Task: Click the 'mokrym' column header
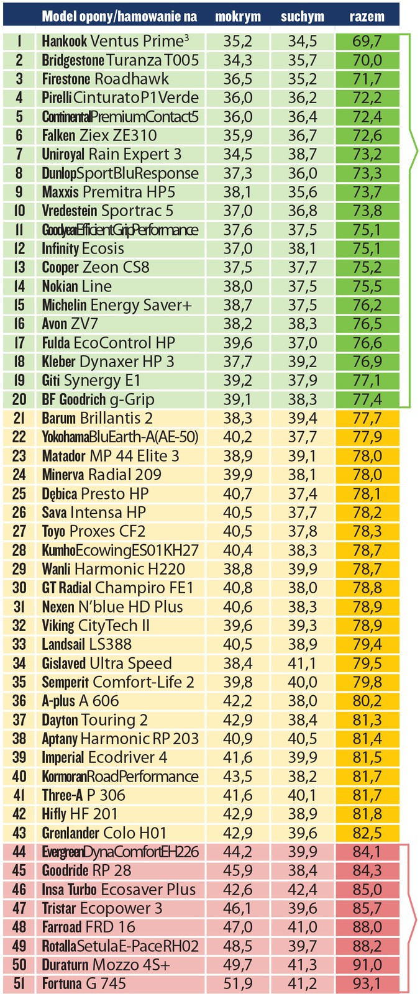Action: click(x=238, y=17)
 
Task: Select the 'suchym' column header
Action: click(x=302, y=17)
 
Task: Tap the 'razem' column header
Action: click(x=367, y=17)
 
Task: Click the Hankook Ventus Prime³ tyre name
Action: click(x=116, y=42)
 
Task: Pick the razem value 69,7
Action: click(x=367, y=42)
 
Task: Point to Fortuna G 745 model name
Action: click(x=84, y=983)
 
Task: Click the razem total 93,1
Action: click(x=367, y=983)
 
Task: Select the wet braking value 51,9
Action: click(x=238, y=983)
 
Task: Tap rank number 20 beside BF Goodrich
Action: click(x=19, y=399)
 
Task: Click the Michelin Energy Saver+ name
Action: click(x=117, y=305)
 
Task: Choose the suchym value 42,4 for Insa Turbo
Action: click(x=303, y=889)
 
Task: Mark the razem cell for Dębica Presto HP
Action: click(x=367, y=494)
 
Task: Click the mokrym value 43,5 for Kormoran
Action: click(x=238, y=777)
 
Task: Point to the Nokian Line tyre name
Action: click(x=77, y=286)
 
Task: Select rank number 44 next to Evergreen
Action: click(x=19, y=852)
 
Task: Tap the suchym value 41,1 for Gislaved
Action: click(x=303, y=663)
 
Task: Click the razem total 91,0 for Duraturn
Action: click(x=367, y=965)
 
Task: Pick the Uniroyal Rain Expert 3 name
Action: click(x=112, y=154)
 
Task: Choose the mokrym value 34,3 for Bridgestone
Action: click(x=238, y=60)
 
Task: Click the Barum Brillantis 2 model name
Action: click(x=98, y=418)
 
